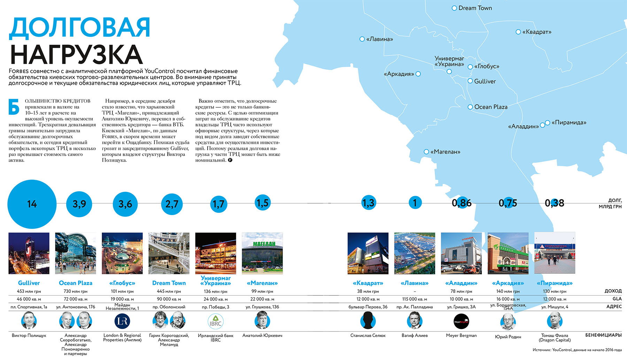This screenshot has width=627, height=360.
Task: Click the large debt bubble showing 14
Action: coord(32,204)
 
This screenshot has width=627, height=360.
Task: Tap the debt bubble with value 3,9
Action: coord(79,204)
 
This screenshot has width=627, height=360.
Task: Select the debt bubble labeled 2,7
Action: coord(172,204)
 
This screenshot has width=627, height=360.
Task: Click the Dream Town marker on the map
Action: coord(454,8)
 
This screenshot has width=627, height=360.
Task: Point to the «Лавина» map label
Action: coord(379,39)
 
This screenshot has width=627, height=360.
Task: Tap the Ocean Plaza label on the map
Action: coord(490,107)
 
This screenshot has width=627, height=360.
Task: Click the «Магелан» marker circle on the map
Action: coord(426,152)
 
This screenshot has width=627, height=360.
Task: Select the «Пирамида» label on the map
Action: coord(569,123)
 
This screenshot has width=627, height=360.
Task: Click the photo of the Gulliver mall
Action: coord(29,253)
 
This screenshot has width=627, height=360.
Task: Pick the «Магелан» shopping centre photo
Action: coord(262,253)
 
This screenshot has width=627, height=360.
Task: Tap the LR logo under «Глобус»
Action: coord(122,321)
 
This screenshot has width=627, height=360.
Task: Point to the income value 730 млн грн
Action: coord(76,291)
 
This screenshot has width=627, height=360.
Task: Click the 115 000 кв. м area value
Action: coord(415,299)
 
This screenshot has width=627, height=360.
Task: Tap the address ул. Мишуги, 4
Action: coord(555,307)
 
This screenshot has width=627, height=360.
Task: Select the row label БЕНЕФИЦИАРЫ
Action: coord(603,335)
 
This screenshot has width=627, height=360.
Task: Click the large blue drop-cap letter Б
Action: coord(14,107)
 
